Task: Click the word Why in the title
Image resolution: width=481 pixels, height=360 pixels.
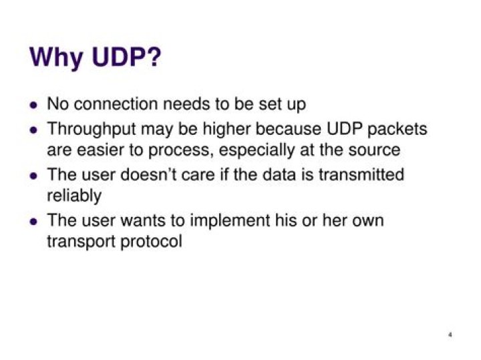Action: coord(56,57)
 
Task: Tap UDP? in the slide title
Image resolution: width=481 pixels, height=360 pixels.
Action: coord(126,57)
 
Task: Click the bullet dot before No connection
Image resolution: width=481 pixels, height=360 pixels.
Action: coord(34,105)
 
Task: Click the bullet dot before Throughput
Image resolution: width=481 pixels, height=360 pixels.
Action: coord(34,130)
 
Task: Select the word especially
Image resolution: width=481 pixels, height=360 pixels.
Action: coord(257,150)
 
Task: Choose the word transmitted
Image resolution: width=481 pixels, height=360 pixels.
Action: coord(361,174)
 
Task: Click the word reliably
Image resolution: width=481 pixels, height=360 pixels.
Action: coord(74,196)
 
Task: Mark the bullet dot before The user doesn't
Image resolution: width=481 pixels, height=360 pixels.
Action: coord(34,176)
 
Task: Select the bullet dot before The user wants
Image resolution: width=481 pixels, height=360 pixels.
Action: coord(34,221)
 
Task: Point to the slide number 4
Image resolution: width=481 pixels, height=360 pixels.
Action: coord(450,335)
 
